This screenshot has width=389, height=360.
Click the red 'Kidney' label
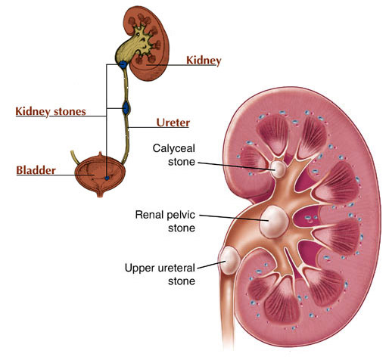[x=204, y=61]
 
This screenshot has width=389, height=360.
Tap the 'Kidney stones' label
[x=51, y=111]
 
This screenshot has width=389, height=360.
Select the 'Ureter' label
[x=173, y=123]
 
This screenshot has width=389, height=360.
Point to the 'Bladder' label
[x=36, y=170]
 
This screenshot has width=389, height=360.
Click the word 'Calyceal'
[x=174, y=148]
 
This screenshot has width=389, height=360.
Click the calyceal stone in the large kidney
[x=279, y=169]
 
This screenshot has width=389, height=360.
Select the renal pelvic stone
[x=274, y=222]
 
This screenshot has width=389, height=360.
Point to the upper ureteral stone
[x=229, y=260]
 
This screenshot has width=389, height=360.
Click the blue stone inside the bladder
[x=107, y=178]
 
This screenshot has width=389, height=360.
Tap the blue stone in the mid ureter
[x=126, y=108]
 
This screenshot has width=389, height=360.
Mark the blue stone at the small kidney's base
[x=123, y=64]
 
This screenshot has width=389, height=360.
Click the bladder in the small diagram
[x=100, y=175]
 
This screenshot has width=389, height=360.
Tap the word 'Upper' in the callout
[x=138, y=268]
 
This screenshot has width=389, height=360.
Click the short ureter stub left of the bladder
[x=75, y=157]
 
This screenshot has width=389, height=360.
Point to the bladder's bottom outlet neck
[x=100, y=192]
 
